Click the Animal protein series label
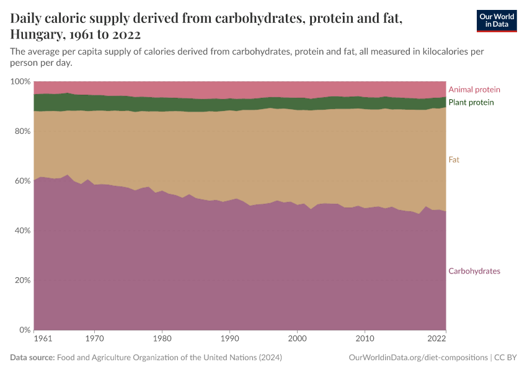[474, 90]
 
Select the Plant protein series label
[471, 102]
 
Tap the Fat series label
[454, 160]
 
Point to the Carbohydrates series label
[474, 271]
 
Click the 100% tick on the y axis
[20, 82]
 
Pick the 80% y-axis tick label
[22, 131]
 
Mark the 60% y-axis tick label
[22, 181]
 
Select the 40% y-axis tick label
[22, 231]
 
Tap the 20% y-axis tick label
[22, 280]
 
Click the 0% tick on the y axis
[24, 330]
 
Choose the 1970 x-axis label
[94, 340]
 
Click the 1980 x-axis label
[162, 340]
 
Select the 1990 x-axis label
[229, 340]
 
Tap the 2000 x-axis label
[298, 340]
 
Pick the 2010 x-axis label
[365, 340]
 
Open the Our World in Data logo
[496, 20]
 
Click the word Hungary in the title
[36, 34]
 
